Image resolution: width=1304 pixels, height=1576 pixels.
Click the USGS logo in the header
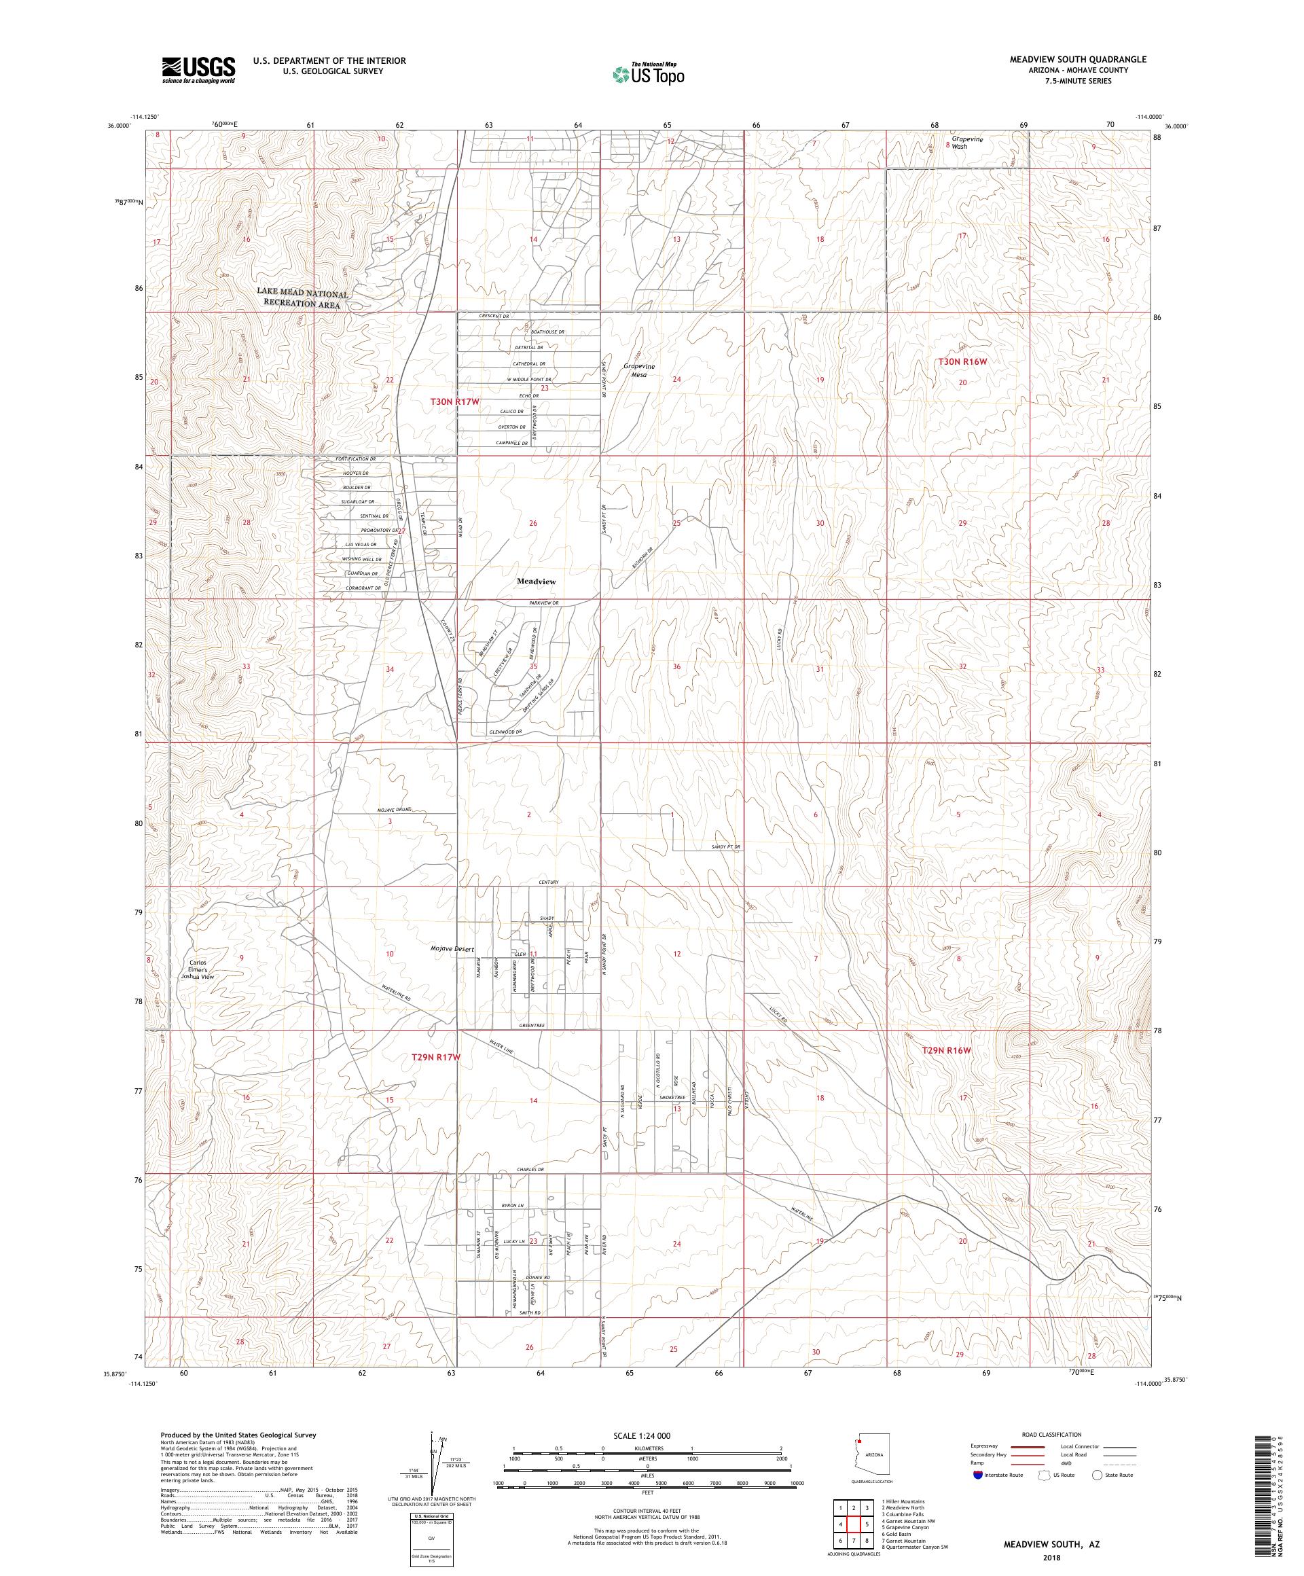point(198,71)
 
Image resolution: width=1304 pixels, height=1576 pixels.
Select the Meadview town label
point(536,581)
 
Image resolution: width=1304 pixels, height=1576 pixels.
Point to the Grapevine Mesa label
point(639,370)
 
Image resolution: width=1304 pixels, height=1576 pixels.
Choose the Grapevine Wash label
point(966,143)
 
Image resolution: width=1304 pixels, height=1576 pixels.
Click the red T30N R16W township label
point(962,361)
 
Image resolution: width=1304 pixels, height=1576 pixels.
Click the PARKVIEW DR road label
point(544,603)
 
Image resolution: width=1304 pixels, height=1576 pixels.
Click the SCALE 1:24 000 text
point(647,1435)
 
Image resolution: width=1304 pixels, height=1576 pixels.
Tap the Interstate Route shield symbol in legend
point(977,1475)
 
